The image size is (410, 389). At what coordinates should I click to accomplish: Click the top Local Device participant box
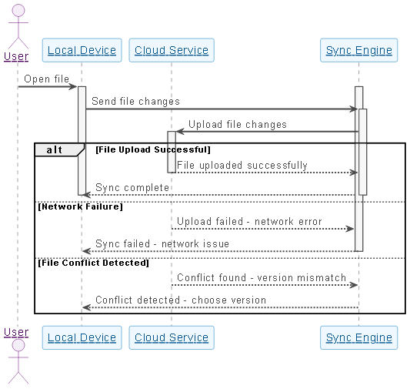[82, 50]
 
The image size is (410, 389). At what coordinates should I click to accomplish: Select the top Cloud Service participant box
[172, 50]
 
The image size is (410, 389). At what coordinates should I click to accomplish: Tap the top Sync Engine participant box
[359, 50]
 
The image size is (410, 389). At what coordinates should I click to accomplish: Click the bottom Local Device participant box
[82, 337]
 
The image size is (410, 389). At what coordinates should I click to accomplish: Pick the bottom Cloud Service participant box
[172, 337]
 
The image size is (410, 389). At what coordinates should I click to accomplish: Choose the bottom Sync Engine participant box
[359, 337]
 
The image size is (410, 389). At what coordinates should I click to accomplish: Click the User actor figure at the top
[16, 31]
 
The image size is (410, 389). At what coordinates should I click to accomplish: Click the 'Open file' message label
[46, 79]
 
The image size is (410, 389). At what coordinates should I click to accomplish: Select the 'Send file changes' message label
[135, 101]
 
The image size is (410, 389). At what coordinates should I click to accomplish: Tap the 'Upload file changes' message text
[238, 124]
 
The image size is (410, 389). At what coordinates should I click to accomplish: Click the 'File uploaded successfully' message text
[242, 165]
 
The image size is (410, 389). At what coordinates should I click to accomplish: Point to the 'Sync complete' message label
[132, 187]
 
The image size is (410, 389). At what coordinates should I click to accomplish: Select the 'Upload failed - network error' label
[249, 221]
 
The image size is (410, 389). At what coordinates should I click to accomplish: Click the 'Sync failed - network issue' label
[162, 243]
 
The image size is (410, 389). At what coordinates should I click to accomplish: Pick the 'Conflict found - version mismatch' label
[262, 277]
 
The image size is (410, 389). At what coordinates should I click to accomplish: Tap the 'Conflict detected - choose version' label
[181, 300]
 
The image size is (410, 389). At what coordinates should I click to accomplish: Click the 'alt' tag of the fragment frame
[55, 149]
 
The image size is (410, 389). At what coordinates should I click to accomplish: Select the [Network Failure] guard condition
[81, 206]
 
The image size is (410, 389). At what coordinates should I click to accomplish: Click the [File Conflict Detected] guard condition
[93, 263]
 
